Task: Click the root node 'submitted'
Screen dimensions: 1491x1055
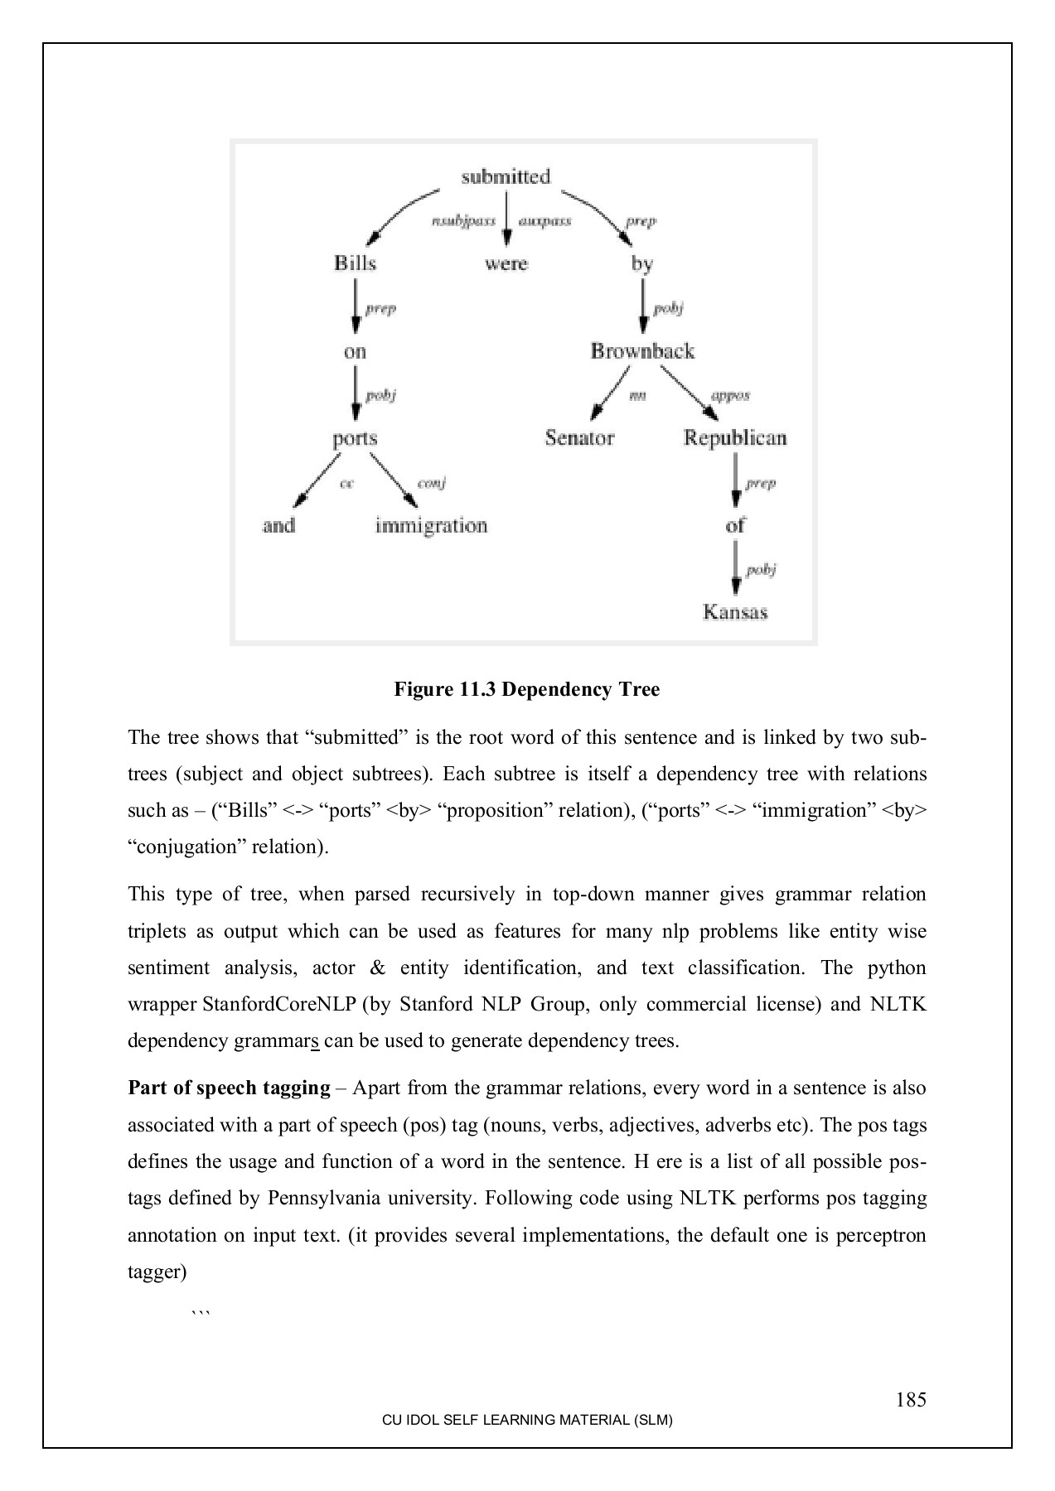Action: tap(506, 176)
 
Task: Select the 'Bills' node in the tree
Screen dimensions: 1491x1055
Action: tap(355, 263)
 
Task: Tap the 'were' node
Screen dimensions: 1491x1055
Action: tap(506, 263)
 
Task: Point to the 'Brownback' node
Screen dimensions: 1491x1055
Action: tap(642, 351)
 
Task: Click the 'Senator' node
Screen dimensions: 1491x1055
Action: tap(579, 438)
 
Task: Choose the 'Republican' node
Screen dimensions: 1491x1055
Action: tap(734, 438)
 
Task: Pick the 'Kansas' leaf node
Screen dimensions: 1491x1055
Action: tap(735, 613)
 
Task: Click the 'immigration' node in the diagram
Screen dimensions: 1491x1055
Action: tap(431, 526)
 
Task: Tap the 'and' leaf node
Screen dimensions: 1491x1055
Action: tap(279, 526)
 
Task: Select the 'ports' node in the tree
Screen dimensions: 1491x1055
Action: tap(355, 439)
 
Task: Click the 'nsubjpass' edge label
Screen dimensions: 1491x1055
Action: tap(464, 221)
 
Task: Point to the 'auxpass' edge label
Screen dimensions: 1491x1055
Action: tap(544, 221)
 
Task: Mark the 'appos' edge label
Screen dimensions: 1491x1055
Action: tap(730, 396)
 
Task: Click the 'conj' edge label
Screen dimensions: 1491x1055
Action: tap(432, 483)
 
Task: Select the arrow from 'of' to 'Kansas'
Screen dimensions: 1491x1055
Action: tap(735, 569)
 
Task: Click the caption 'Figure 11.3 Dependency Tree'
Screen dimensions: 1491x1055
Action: tap(526, 689)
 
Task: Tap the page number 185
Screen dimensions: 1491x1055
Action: tap(911, 1400)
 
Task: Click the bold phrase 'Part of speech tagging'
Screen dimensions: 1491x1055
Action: tap(229, 1088)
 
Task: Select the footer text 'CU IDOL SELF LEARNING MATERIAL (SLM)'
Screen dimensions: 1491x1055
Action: tap(526, 1420)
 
